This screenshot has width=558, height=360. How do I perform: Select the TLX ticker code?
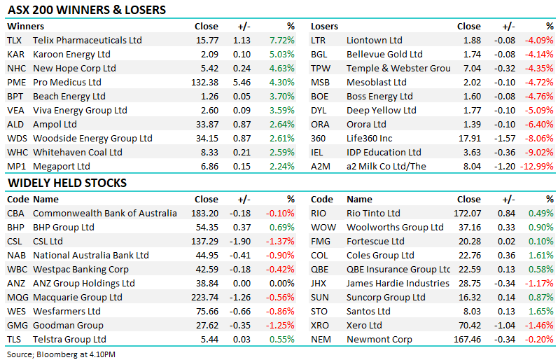point(15,41)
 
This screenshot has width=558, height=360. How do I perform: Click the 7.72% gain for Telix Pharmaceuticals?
point(281,41)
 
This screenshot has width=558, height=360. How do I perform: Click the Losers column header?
point(324,27)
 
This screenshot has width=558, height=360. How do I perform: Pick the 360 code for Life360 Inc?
point(319,138)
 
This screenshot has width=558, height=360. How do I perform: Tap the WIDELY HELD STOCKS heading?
point(67,183)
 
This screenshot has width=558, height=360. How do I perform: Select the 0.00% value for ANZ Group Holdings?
point(281,284)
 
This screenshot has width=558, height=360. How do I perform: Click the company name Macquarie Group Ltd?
point(78,298)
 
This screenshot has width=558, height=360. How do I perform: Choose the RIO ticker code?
point(319,214)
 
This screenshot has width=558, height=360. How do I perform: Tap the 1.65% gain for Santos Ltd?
point(541,312)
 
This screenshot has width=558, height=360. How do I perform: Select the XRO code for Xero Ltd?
point(320,326)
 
